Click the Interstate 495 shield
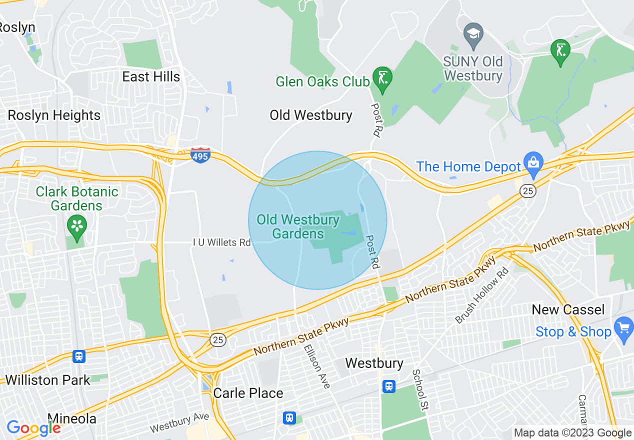(200, 155)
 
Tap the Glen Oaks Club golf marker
(383, 78)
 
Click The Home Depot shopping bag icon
(533, 163)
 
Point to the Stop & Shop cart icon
(623, 329)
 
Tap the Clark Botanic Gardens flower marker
(77, 226)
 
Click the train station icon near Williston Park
(78, 356)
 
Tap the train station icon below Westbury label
(388, 386)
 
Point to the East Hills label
(151, 76)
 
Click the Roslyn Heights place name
(54, 115)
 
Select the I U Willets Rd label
(222, 242)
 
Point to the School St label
(420, 390)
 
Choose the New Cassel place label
(568, 309)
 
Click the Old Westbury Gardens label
(298, 226)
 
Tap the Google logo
(33, 428)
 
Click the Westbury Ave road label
(179, 423)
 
